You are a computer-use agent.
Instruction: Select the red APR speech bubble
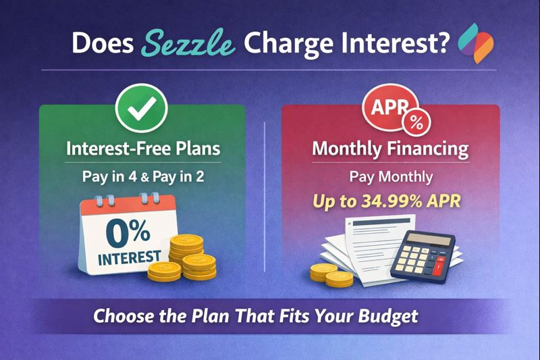point(385,108)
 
